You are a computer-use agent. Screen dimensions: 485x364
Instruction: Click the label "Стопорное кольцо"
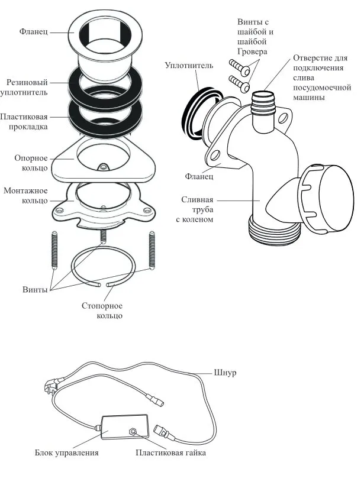point(102,311)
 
